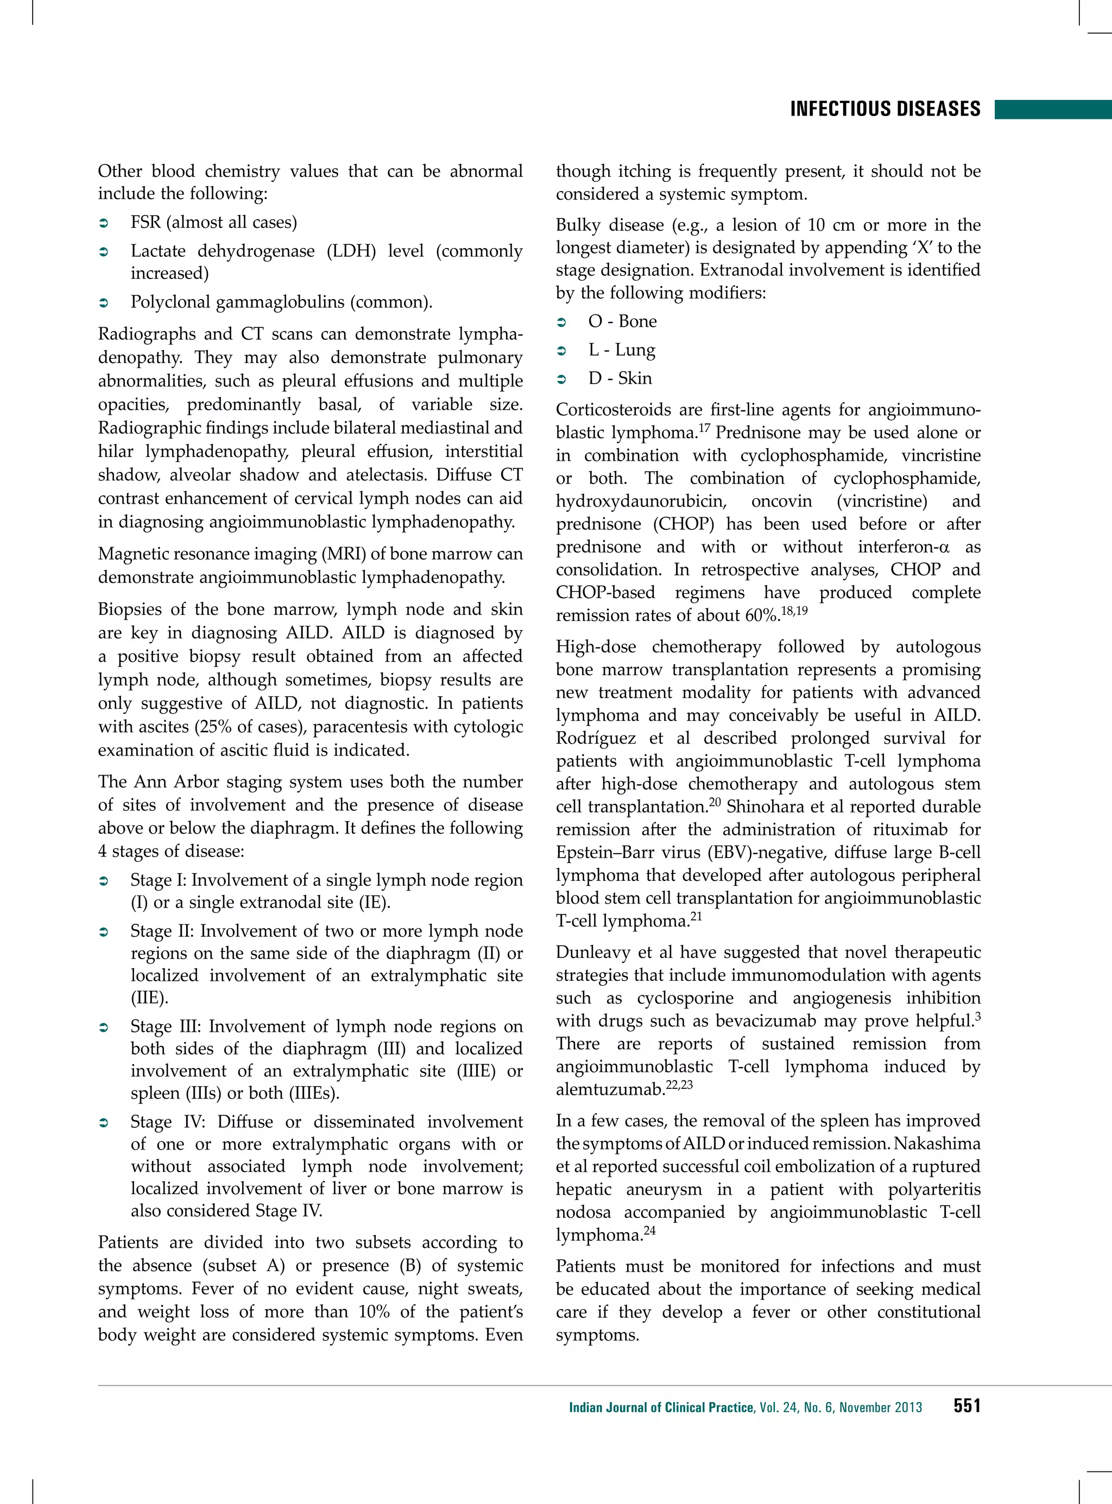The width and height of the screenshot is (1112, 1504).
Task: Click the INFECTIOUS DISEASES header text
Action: click(x=885, y=110)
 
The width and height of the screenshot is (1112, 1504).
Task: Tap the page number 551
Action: click(x=966, y=1406)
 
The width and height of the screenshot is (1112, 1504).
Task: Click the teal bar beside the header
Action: click(x=1053, y=110)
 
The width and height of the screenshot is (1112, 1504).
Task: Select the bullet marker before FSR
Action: click(x=104, y=223)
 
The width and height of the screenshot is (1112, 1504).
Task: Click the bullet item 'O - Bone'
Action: click(x=622, y=322)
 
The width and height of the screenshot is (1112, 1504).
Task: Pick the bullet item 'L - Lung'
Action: click(x=621, y=350)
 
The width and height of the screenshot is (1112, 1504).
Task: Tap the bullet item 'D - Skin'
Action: click(x=620, y=378)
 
